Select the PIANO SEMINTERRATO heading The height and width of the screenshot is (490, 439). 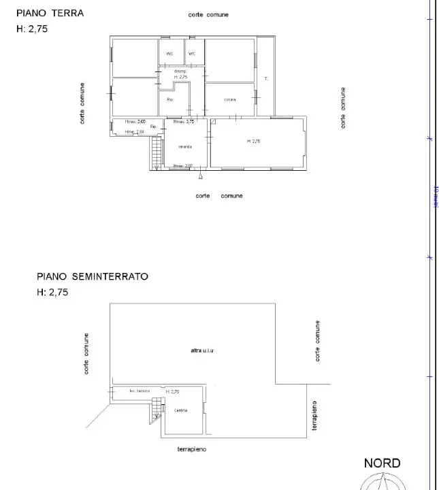point(92,277)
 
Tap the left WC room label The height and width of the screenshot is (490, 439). point(169,54)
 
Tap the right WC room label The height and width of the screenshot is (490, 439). point(192,54)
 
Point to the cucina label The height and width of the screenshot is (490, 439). point(229,100)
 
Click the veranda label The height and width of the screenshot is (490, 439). point(184,147)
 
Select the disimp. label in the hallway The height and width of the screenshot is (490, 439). point(180,71)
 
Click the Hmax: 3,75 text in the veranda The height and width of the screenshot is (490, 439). point(184,122)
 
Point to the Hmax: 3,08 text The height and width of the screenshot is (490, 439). point(134,122)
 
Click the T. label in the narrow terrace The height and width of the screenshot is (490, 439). point(266,79)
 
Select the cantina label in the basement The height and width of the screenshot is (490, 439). point(180,410)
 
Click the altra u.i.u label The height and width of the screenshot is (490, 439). point(203,350)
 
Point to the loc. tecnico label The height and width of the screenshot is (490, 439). point(140,391)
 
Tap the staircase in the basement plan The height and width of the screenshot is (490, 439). point(157,406)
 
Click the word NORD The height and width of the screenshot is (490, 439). point(382,463)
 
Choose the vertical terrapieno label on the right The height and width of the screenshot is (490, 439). point(314,416)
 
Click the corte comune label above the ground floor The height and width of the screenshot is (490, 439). point(209,15)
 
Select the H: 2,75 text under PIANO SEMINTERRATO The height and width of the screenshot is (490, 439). point(52,293)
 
